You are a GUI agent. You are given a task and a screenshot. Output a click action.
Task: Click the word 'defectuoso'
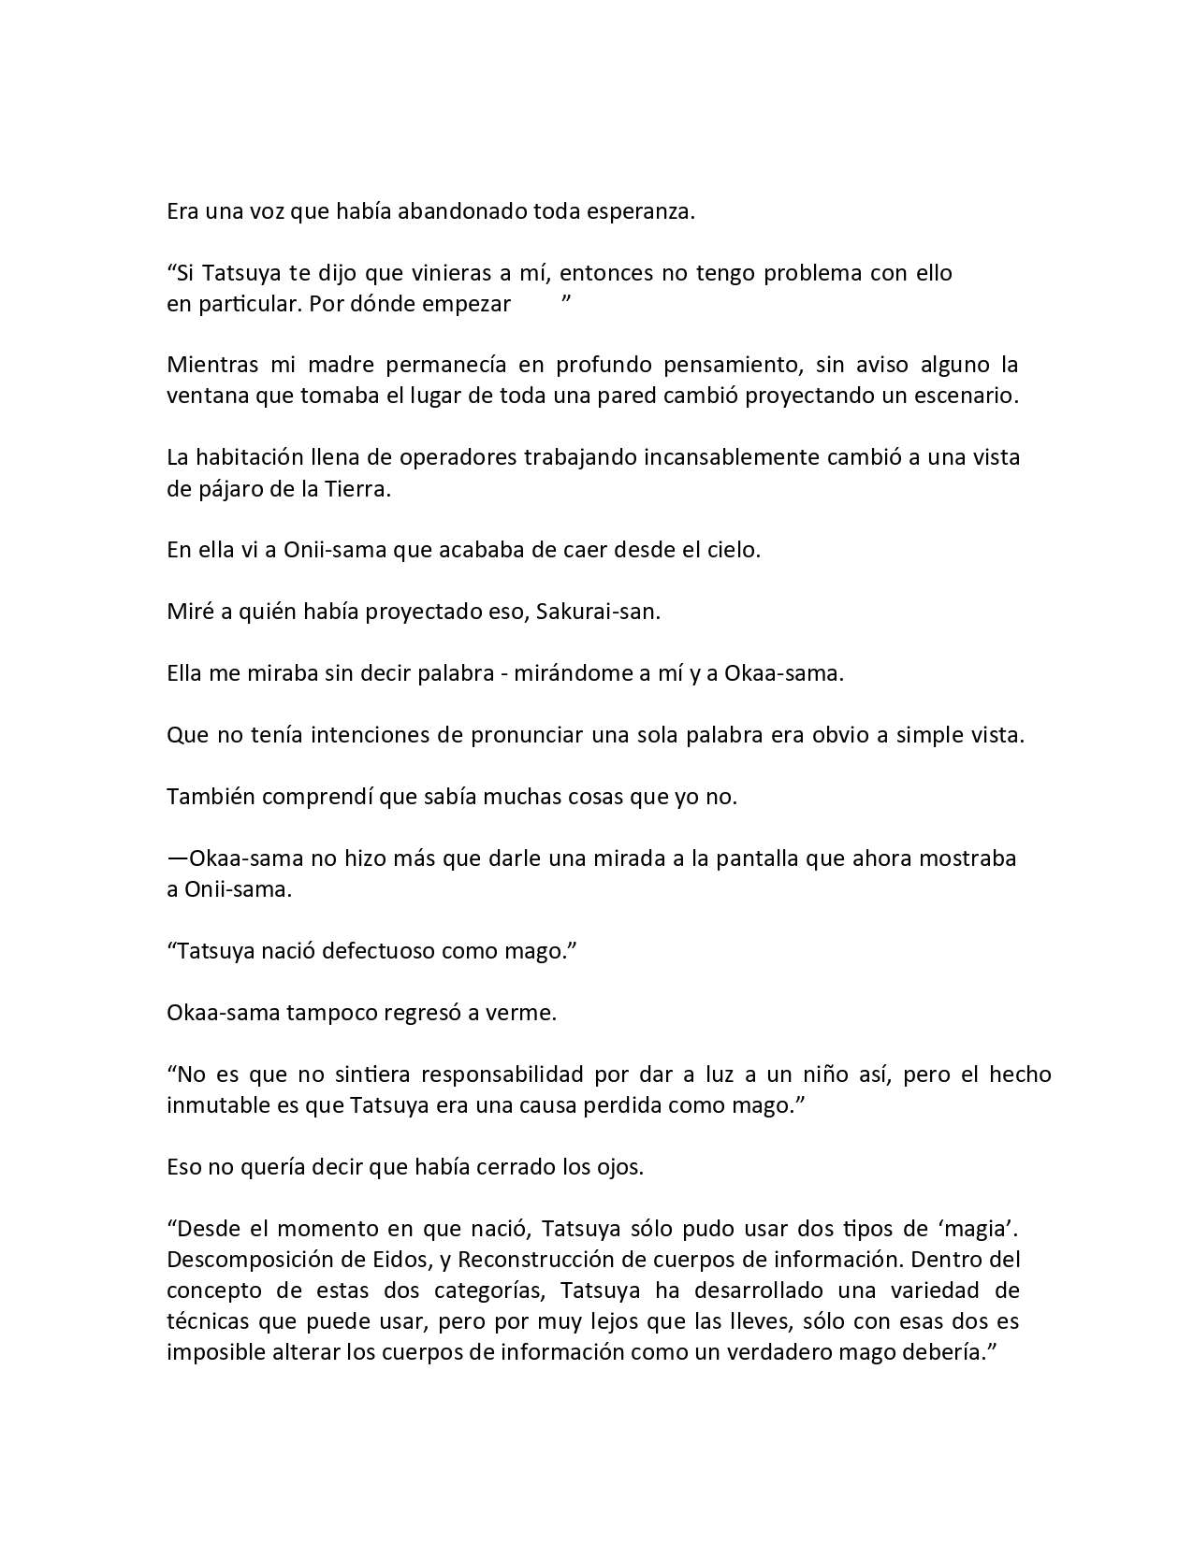[378, 951]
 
